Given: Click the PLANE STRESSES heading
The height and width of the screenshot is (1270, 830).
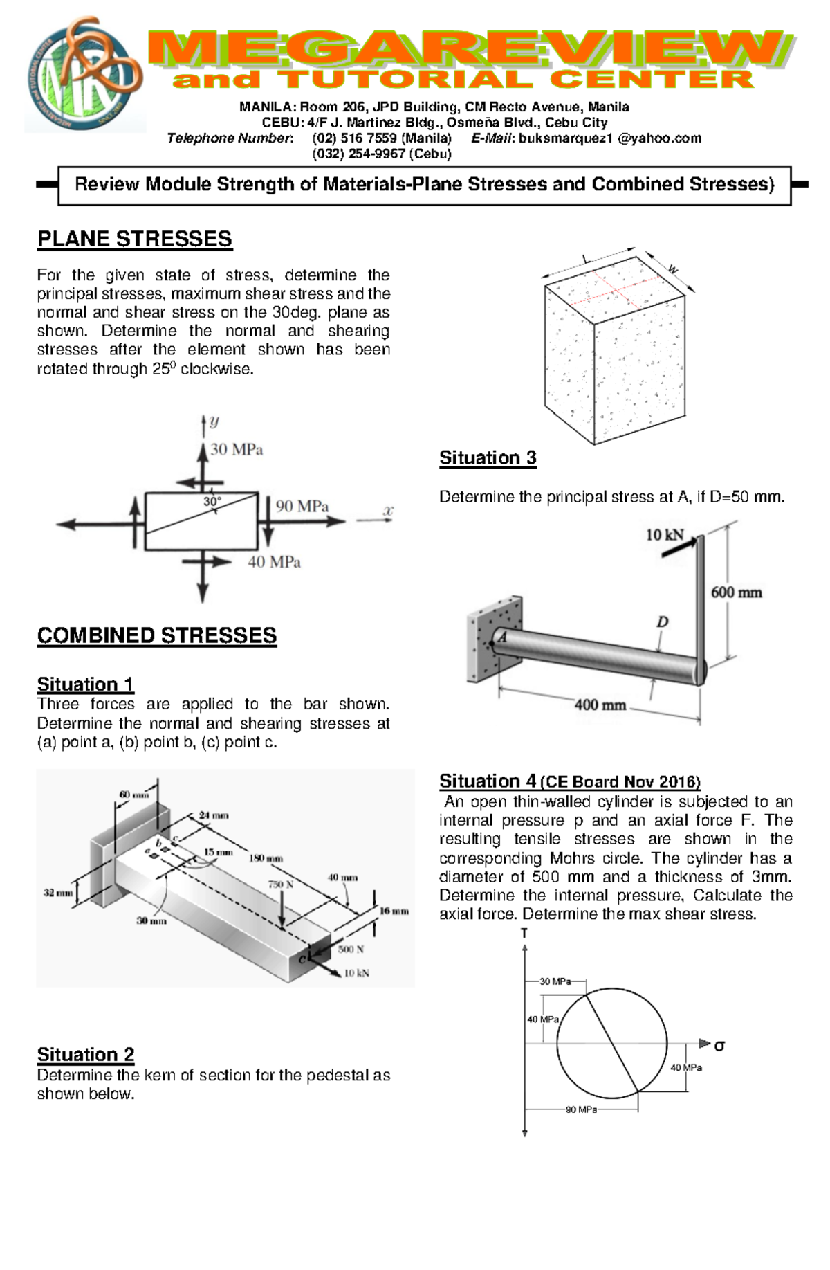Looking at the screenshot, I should point(134,239).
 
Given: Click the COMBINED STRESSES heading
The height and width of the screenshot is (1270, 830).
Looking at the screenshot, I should point(156,636).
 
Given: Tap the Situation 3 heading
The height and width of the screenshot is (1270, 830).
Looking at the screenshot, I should point(488,458).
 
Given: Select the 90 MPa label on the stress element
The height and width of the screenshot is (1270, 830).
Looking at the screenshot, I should point(302,507).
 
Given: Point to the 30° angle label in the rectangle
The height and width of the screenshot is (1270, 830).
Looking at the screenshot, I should point(212,501).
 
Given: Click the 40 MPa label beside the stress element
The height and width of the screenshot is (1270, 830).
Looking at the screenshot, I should point(274,563).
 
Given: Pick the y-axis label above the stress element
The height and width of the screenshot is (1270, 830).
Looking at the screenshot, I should point(214,421).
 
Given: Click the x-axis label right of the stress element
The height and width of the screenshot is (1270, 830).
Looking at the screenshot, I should point(388,511).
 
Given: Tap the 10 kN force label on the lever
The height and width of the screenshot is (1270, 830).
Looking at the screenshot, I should point(664,535).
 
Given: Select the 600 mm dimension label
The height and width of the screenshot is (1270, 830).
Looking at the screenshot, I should point(736,592).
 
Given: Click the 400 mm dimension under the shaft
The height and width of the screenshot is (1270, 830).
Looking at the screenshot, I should point(600,705).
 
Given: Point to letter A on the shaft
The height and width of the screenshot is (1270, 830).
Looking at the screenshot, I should point(503,637).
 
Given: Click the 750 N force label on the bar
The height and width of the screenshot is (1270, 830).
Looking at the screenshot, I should point(280,885).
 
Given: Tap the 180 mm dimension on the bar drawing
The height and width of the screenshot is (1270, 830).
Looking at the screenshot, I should point(266,859).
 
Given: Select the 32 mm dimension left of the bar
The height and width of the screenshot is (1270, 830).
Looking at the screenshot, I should point(58,893).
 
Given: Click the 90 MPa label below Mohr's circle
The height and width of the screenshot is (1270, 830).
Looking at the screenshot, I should point(581,1109).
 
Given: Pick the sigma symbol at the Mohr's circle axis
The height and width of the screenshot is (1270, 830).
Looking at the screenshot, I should point(719,1046).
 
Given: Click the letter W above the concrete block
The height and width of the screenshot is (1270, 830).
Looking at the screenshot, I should point(672,269).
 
